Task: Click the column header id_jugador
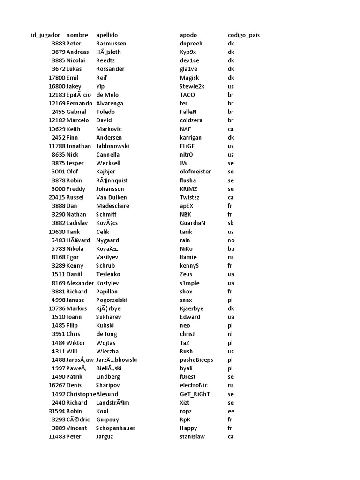tap(45, 35)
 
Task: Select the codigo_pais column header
tap(244, 35)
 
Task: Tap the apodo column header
tap(188, 35)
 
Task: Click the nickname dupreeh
tap(191, 44)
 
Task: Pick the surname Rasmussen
tap(111, 44)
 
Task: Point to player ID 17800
tap(56, 78)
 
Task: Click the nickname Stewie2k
tap(192, 86)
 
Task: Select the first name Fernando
tap(79, 103)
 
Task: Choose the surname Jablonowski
tap(112, 146)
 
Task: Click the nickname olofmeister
tap(195, 172)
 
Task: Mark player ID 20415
tap(56, 197)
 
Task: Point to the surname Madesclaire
tap(112, 206)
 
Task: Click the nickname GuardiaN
tap(193, 223)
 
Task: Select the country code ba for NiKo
tap(231, 248)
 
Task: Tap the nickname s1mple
tap(190, 283)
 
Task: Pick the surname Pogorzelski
tap(112, 300)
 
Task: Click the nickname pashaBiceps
tap(196, 360)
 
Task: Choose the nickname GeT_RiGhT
tap(195, 394)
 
